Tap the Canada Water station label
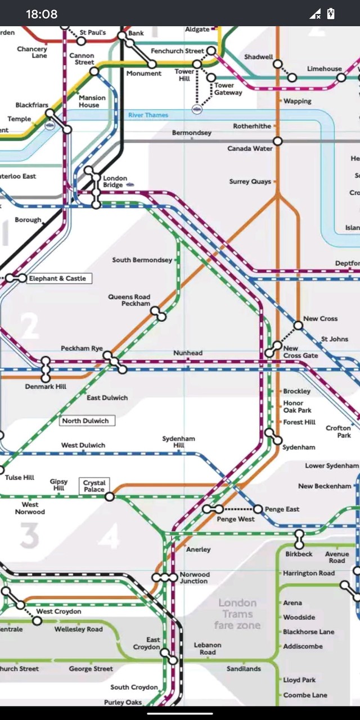[250, 148]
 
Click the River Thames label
[148, 115]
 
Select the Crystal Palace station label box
[94, 486]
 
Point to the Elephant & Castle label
[57, 278]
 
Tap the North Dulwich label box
[85, 421]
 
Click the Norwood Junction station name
[195, 578]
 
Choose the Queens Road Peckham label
[129, 300]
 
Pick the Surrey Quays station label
[250, 182]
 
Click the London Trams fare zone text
[237, 614]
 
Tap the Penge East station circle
[258, 509]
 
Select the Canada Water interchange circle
[277, 141]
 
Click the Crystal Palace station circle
[110, 497]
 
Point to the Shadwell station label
[258, 57]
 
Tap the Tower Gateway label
[228, 89]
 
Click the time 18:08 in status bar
[42, 14]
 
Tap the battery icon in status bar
[331, 14]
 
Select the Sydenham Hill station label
[178, 442]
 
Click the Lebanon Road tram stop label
[208, 649]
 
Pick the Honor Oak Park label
[298, 407]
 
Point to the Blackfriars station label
[32, 105]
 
